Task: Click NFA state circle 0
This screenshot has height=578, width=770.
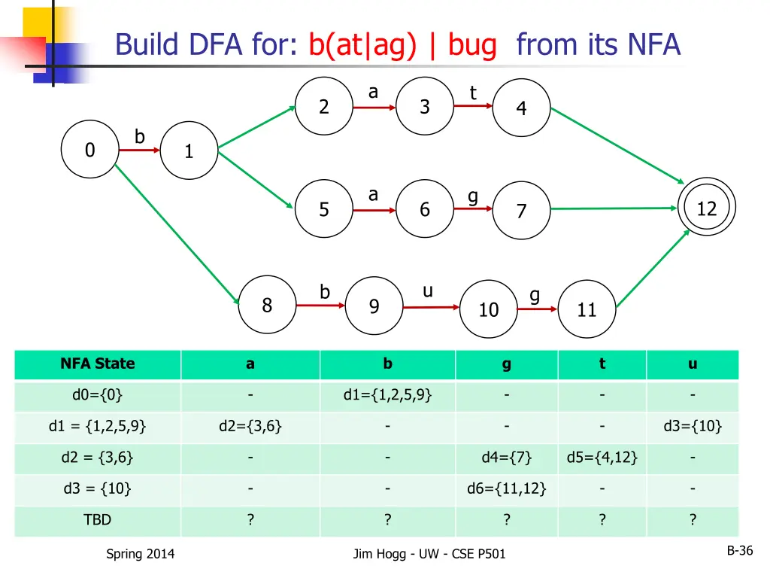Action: [90, 150]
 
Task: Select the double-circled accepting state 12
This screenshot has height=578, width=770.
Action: [706, 208]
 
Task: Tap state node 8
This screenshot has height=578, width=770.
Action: [267, 305]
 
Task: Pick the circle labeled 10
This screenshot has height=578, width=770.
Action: [489, 309]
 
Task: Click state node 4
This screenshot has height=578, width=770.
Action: [521, 108]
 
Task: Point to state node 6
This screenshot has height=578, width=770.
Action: [425, 209]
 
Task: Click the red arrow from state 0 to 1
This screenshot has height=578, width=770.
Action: [140, 151]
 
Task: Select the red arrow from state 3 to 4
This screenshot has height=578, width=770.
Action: [474, 106]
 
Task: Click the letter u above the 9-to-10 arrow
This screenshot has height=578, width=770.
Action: [427, 291]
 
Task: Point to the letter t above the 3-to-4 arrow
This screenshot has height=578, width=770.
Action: [473, 93]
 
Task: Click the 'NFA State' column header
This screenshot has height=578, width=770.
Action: [98, 364]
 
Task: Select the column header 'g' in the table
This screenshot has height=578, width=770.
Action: [506, 364]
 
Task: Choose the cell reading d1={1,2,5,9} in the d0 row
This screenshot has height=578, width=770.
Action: [387, 395]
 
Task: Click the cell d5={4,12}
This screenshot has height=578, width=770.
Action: [602, 457]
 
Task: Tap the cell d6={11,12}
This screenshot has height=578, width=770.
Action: [506, 488]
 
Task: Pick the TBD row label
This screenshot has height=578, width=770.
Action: [98, 520]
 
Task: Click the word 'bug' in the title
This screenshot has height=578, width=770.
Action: [472, 45]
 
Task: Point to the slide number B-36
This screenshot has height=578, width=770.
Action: [739, 551]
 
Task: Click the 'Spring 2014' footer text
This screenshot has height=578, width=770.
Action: [140, 554]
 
